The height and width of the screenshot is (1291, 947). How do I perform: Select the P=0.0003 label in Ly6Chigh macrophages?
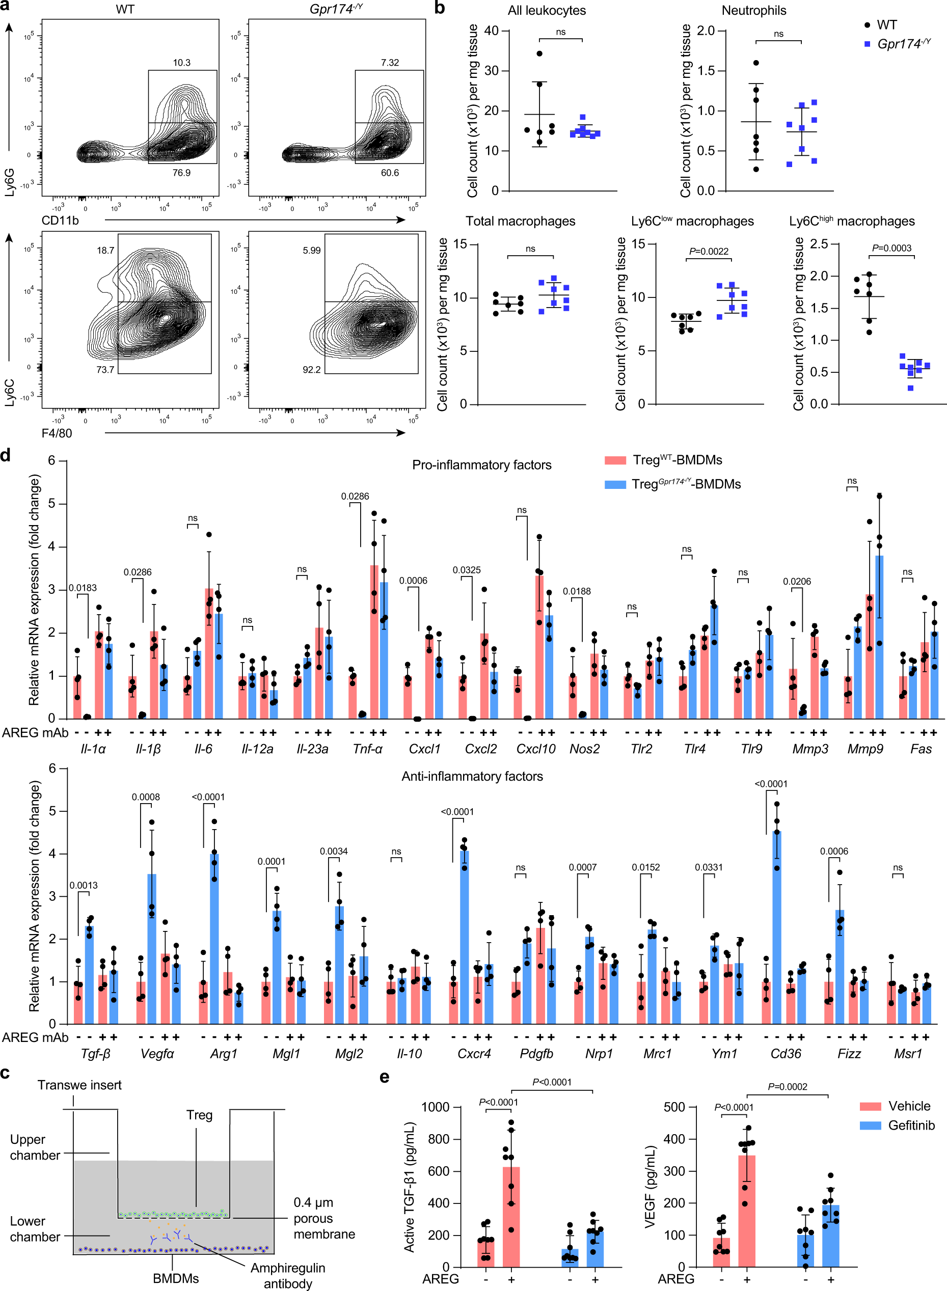[x=891, y=248]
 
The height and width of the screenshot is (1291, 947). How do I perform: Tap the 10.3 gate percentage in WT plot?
[x=182, y=63]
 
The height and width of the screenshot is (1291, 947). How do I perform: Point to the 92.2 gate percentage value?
[x=311, y=370]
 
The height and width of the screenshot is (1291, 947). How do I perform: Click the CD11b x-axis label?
[x=60, y=220]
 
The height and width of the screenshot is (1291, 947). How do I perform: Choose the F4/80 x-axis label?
[x=57, y=433]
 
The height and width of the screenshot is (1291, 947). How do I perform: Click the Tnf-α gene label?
[x=367, y=748]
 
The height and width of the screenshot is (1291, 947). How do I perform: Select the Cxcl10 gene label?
[x=535, y=748]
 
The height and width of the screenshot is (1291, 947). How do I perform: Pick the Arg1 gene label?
[x=224, y=1053]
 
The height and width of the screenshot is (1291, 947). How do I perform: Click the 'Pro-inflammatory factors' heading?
[x=481, y=465]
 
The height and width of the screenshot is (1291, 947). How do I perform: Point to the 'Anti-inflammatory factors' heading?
[x=472, y=776]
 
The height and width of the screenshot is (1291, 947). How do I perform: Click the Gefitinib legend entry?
[x=911, y=1125]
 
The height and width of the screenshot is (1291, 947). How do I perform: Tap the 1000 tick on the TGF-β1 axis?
[x=435, y=1107]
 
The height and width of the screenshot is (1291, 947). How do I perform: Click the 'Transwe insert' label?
[x=79, y=1085]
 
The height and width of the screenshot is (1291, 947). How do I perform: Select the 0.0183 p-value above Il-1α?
[x=83, y=588]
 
